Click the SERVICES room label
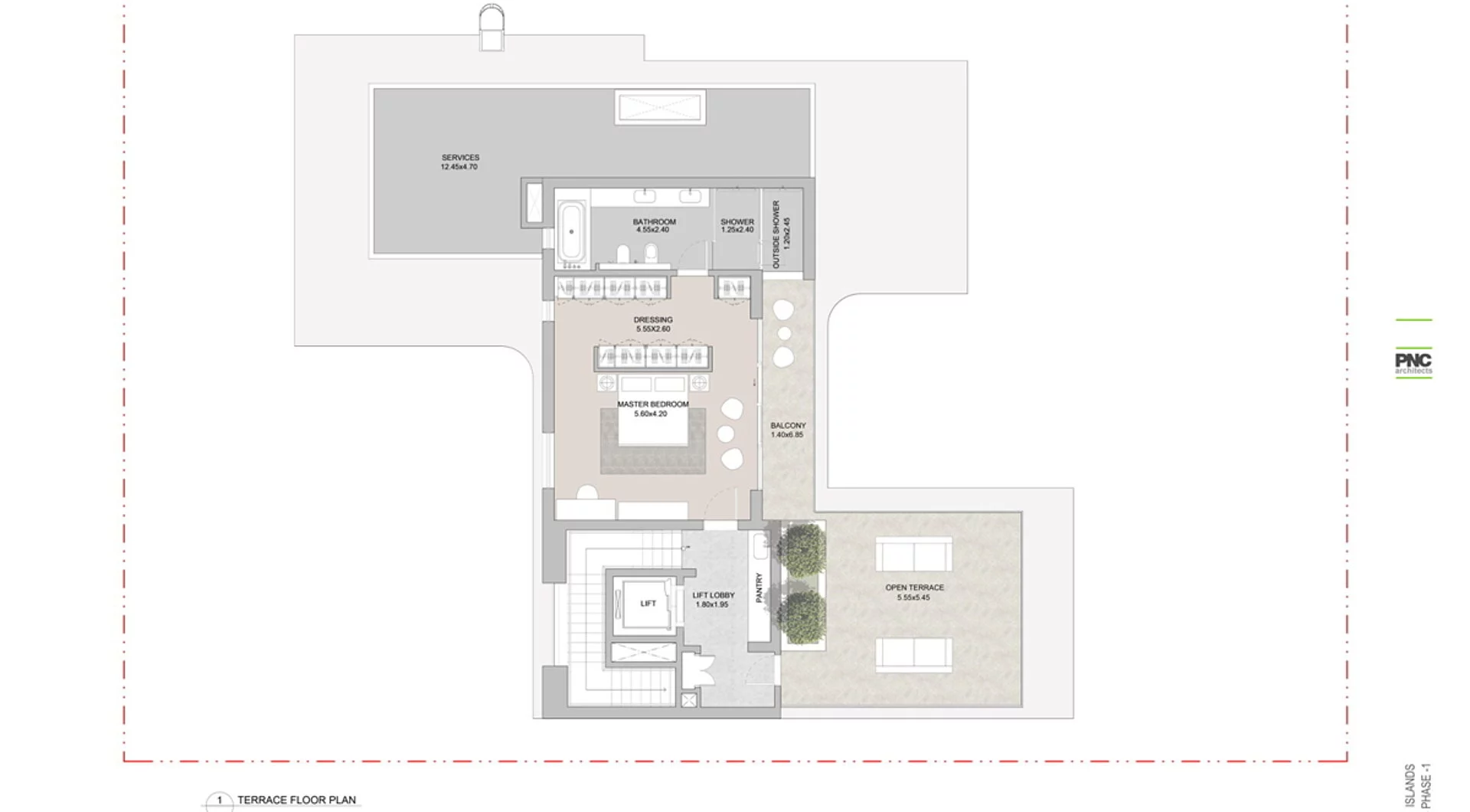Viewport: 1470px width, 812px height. pos(459,157)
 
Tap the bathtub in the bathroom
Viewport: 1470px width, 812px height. pos(571,231)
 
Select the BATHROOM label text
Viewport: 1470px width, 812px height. pos(654,221)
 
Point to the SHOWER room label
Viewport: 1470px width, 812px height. pos(737,221)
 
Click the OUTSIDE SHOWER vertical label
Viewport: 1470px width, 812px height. pos(776,234)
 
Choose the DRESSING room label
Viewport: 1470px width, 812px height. pos(653,319)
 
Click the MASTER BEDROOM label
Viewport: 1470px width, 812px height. pos(653,404)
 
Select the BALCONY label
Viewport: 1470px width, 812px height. pos(788,425)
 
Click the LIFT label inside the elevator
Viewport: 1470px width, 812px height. pos(648,603)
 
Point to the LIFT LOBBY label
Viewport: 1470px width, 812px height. pos(713,594)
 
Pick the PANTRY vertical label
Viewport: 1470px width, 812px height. pos(759,588)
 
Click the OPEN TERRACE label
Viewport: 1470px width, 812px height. pos(914,588)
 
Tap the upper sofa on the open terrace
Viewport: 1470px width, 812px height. pos(913,555)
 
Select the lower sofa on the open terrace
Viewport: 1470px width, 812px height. pos(913,655)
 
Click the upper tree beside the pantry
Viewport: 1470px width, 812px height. pos(803,550)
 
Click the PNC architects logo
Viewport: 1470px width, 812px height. pos(1413,363)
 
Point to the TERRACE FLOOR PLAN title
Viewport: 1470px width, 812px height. pos(296,800)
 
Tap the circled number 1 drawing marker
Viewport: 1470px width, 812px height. pos(220,801)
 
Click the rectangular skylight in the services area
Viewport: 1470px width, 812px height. pos(659,107)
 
